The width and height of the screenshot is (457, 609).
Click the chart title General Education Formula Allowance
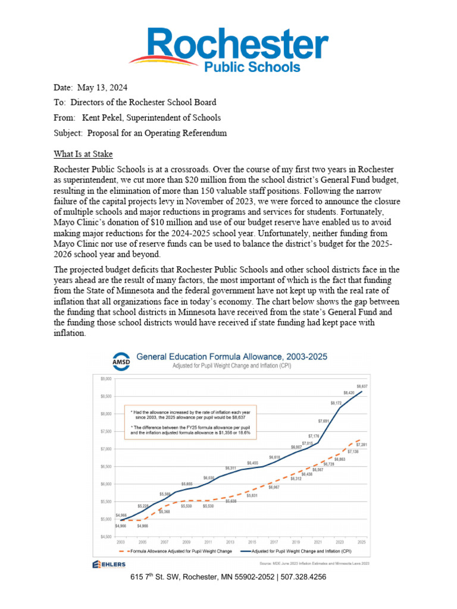coord(232,357)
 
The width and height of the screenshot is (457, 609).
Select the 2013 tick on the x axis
coord(231,543)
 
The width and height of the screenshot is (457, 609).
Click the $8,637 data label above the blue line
coord(362,386)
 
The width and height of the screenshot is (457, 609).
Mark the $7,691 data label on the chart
coord(323,421)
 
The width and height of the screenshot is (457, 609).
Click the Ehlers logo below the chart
coord(109,564)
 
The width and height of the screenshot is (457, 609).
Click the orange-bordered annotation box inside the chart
coord(191,422)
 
